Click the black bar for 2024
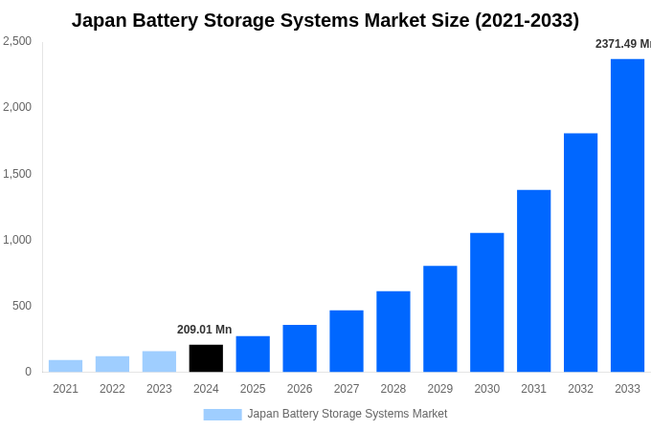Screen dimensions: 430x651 tap(206, 358)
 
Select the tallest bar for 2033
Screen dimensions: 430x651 tap(627, 215)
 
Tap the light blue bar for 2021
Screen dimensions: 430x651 tap(65, 366)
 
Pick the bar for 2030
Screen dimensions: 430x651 tap(486, 302)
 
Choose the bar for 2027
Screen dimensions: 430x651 tap(347, 341)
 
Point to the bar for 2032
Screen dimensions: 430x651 tap(580, 252)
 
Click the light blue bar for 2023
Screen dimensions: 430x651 tap(159, 361)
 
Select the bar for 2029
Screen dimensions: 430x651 tap(439, 318)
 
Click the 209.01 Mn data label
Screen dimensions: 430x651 tap(204, 330)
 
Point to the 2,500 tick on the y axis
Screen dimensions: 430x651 tap(17, 41)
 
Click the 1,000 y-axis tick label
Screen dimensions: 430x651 tap(17, 240)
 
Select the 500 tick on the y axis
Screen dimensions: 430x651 tap(22, 306)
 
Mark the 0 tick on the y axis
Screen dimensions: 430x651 tap(28, 372)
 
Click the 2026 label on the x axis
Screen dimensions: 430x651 tap(300, 389)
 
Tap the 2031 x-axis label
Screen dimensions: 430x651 tap(533, 389)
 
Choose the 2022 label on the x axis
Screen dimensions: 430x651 tap(112, 389)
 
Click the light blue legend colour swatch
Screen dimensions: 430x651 tap(222, 415)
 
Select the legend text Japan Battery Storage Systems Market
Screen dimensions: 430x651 tap(347, 414)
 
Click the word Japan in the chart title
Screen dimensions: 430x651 tap(102, 20)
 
